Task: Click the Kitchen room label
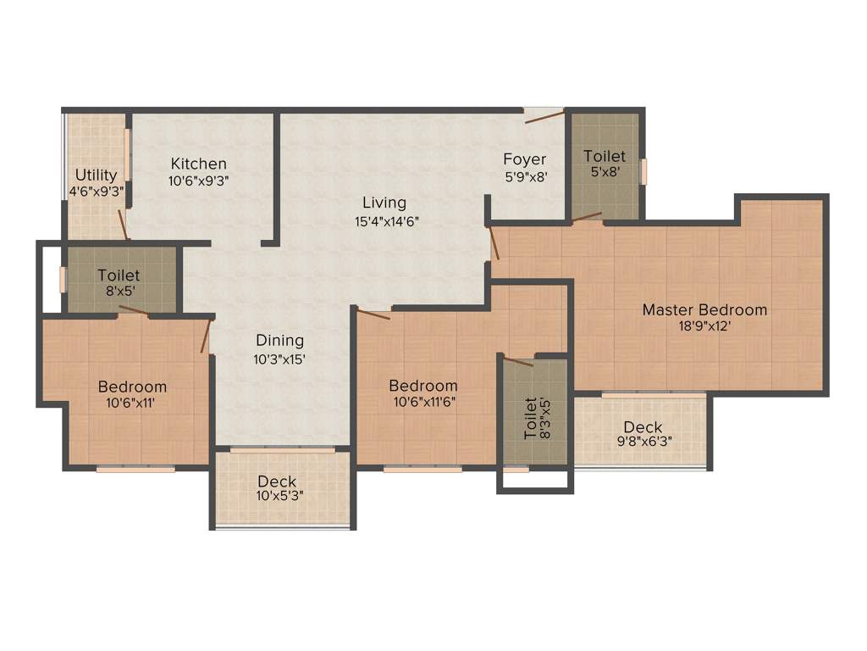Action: click(x=199, y=164)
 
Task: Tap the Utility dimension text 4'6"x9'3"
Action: click(x=97, y=192)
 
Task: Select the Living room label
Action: click(x=384, y=203)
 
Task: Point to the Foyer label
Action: click(x=525, y=159)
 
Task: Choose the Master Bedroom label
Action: click(x=704, y=309)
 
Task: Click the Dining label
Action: click(x=280, y=340)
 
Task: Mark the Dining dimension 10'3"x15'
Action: click(x=280, y=359)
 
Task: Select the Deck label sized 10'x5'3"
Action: click(x=278, y=482)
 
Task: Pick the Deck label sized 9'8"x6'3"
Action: click(x=643, y=427)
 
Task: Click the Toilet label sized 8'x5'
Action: click(x=119, y=275)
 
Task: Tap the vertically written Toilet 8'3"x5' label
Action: click(x=530, y=417)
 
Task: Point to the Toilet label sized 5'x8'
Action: click(x=605, y=156)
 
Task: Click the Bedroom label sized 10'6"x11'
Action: click(x=131, y=387)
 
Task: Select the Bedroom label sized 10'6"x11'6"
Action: click(x=423, y=386)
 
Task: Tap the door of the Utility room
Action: click(x=124, y=225)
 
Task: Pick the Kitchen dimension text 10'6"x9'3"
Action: click(x=199, y=181)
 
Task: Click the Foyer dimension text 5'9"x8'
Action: click(x=525, y=178)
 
